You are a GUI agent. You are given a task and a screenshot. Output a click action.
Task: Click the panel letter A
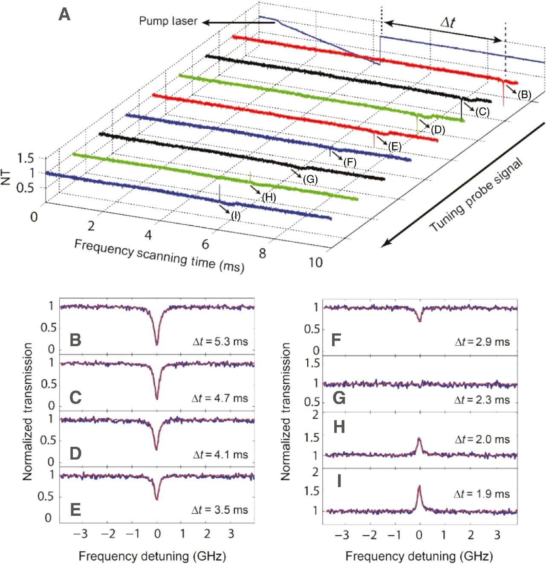[x=64, y=15]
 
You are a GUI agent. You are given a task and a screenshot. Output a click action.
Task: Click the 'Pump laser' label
[x=168, y=21]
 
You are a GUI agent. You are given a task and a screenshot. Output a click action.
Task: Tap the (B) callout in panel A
[x=524, y=95]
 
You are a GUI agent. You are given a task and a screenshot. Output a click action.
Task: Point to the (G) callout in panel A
[x=310, y=179]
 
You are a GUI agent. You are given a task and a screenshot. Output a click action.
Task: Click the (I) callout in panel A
[x=236, y=216]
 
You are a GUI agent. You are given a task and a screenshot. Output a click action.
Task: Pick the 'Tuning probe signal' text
[x=476, y=195]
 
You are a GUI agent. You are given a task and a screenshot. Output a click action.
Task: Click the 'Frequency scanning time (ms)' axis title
[x=159, y=255]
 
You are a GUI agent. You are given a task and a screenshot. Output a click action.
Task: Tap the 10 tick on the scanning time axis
[x=316, y=262]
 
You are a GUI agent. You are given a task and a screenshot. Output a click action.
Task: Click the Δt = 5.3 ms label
[x=220, y=341]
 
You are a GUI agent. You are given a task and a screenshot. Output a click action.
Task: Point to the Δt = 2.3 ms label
[x=482, y=399]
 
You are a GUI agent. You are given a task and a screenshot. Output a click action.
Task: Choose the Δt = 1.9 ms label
[x=482, y=494]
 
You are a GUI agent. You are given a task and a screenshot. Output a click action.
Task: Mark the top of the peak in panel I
[x=419, y=486]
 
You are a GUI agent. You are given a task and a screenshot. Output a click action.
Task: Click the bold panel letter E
[x=75, y=509]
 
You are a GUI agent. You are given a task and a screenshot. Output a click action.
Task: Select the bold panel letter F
[x=336, y=340]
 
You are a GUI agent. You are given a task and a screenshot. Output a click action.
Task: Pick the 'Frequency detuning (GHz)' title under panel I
[x=419, y=556]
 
